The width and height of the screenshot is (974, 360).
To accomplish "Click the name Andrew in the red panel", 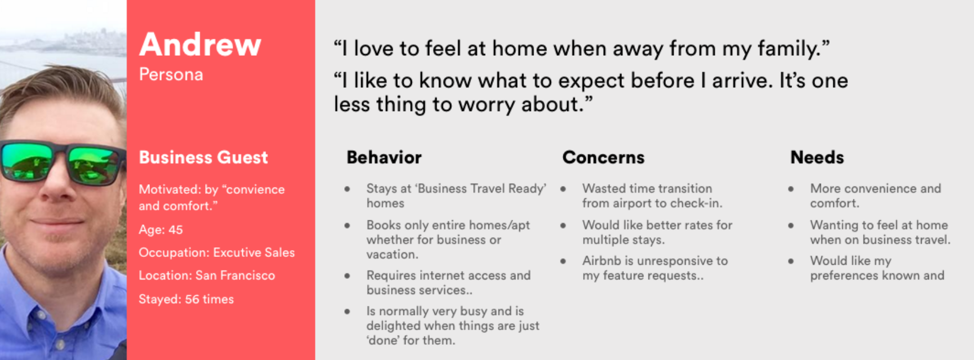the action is [200, 45].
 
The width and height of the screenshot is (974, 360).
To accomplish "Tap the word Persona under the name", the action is [171, 74].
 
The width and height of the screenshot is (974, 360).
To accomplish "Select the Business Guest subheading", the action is [203, 157].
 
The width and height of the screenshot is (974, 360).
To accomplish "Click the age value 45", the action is [175, 230].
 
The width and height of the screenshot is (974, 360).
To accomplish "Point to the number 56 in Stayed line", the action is [192, 299].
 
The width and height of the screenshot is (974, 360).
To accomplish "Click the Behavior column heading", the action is [384, 157].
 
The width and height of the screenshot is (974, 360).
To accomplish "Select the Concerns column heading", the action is [603, 157].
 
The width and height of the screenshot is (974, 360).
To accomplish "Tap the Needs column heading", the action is [817, 157].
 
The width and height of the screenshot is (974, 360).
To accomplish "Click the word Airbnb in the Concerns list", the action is [602, 261].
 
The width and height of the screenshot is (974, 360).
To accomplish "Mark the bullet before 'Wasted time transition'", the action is [563, 189].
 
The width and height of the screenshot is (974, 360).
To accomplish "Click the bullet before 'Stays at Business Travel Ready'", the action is [347, 189].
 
